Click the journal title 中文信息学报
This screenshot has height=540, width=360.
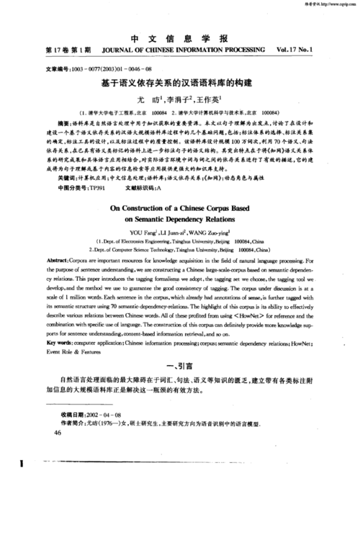tap(181, 38)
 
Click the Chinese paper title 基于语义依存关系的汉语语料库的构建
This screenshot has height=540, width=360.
tap(181, 83)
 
